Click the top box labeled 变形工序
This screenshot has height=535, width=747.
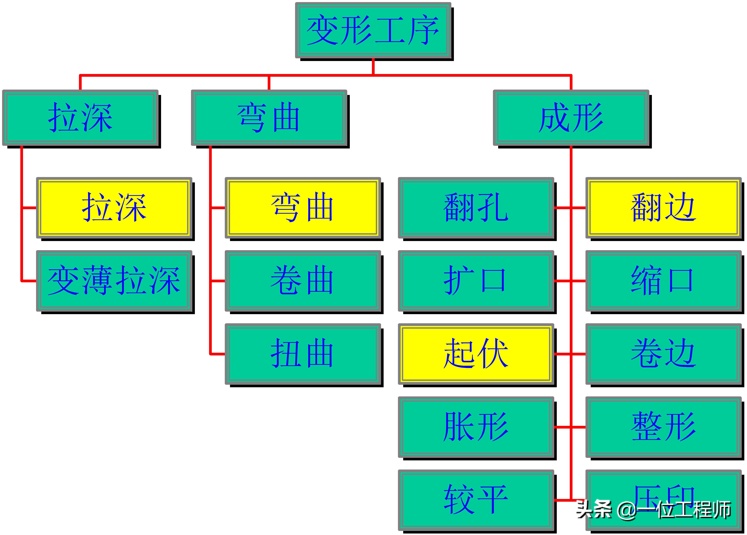[373, 30]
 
